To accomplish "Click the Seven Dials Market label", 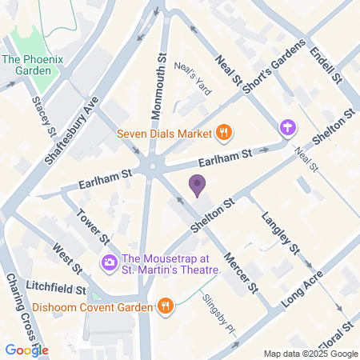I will tap(163, 133).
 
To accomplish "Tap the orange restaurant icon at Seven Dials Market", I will tap(225, 133).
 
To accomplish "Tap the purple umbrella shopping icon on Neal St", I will tap(286, 127).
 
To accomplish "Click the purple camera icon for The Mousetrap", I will tap(108, 262).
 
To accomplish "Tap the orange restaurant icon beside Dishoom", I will tap(166, 306).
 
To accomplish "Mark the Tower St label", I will tap(94, 226).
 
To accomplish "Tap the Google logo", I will tap(26, 350).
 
